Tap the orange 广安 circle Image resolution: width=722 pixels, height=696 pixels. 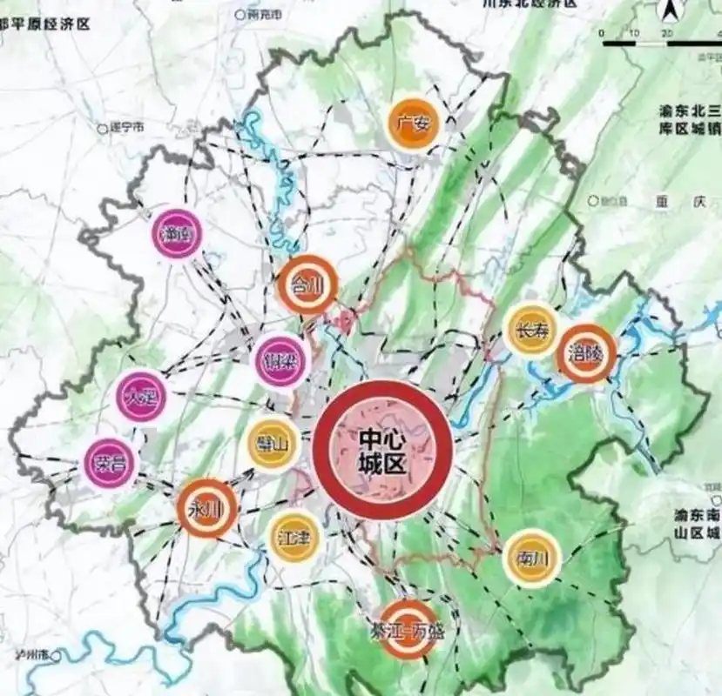click(x=411, y=124)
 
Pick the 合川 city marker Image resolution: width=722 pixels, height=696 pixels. click(x=306, y=284)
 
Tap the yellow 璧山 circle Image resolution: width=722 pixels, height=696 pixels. click(x=273, y=445)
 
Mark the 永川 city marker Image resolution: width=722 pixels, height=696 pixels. click(x=206, y=509)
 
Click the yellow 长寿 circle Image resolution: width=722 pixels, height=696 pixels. click(x=531, y=331)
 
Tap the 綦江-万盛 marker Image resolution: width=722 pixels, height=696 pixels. click(x=408, y=628)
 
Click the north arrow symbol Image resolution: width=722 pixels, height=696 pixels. click(x=671, y=11)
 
